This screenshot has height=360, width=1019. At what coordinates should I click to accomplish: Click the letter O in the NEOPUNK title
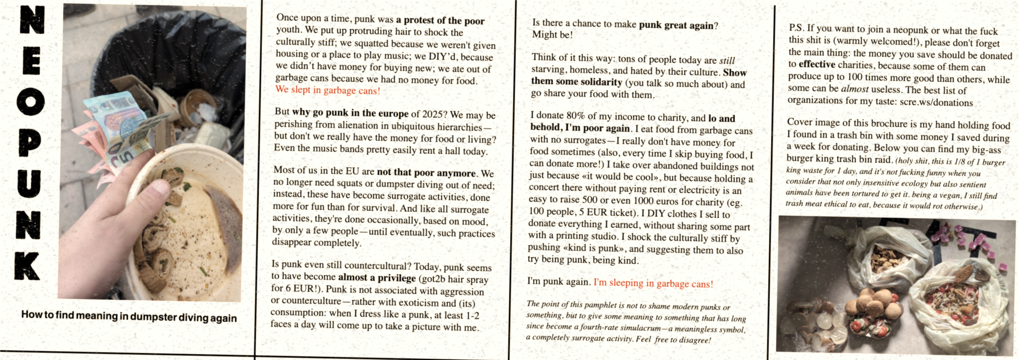click(30, 102)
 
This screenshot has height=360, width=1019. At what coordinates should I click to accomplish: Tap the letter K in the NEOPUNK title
click(28, 266)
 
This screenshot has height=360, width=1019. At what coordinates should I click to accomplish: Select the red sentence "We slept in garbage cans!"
click(327, 90)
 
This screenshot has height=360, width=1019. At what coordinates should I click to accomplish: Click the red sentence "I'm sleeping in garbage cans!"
click(653, 283)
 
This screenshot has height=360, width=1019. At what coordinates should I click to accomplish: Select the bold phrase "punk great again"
click(676, 25)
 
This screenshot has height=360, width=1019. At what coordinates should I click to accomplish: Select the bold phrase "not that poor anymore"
click(426, 173)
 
